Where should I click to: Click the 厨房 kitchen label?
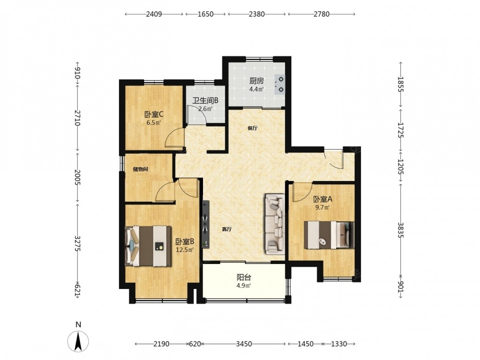click(256, 81)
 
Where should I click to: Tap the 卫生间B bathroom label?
click(205, 100)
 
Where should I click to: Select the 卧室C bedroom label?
click(154, 115)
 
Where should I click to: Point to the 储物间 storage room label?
click(141, 169)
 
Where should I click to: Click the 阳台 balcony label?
click(244, 277)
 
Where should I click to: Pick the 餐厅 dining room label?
click(252, 128)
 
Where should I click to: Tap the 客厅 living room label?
click(227, 229)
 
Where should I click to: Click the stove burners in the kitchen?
click(280, 84)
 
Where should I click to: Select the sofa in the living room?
click(275, 224)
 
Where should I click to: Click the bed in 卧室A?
click(329, 235)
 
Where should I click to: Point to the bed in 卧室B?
click(148, 246)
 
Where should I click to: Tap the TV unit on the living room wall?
click(206, 224)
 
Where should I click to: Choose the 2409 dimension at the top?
click(154, 14)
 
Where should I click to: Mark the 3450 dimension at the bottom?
click(244, 344)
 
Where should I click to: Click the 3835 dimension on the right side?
click(401, 229)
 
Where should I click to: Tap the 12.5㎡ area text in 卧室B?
click(185, 250)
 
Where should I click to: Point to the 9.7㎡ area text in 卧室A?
click(323, 207)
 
